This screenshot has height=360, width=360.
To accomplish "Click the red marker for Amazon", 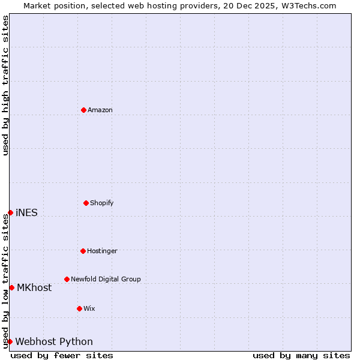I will pos(83,110).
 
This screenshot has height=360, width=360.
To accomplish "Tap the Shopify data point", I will pos(86,203).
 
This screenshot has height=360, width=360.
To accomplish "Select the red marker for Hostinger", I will pos(83,251).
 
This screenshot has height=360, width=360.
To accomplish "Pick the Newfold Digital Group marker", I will pos(67,279).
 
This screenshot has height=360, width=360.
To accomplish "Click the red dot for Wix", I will pos(79,308).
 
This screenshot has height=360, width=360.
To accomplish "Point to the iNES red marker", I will pos(10,212).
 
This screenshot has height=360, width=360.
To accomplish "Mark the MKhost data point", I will pos(11,287).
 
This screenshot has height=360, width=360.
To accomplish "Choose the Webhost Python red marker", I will pos(10,341).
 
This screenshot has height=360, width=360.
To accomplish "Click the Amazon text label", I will pos(100,110).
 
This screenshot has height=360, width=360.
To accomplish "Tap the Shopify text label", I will pos(102,203).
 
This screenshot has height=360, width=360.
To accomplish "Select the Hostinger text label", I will pos(102,251).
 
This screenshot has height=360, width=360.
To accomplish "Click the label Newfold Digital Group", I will pos(106,279).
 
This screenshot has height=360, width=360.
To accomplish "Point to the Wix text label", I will pos(89,308).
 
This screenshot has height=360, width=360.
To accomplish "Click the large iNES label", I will pos(26,212).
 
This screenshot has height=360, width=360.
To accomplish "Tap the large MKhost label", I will pos(34,287).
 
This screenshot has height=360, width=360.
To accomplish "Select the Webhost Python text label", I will pos(54,341).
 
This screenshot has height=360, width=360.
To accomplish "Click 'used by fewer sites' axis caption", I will pos(62,355).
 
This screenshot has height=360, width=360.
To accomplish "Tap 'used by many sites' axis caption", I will pos(301,355).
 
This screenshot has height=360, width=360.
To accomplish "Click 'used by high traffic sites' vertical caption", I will pos(5,85).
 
